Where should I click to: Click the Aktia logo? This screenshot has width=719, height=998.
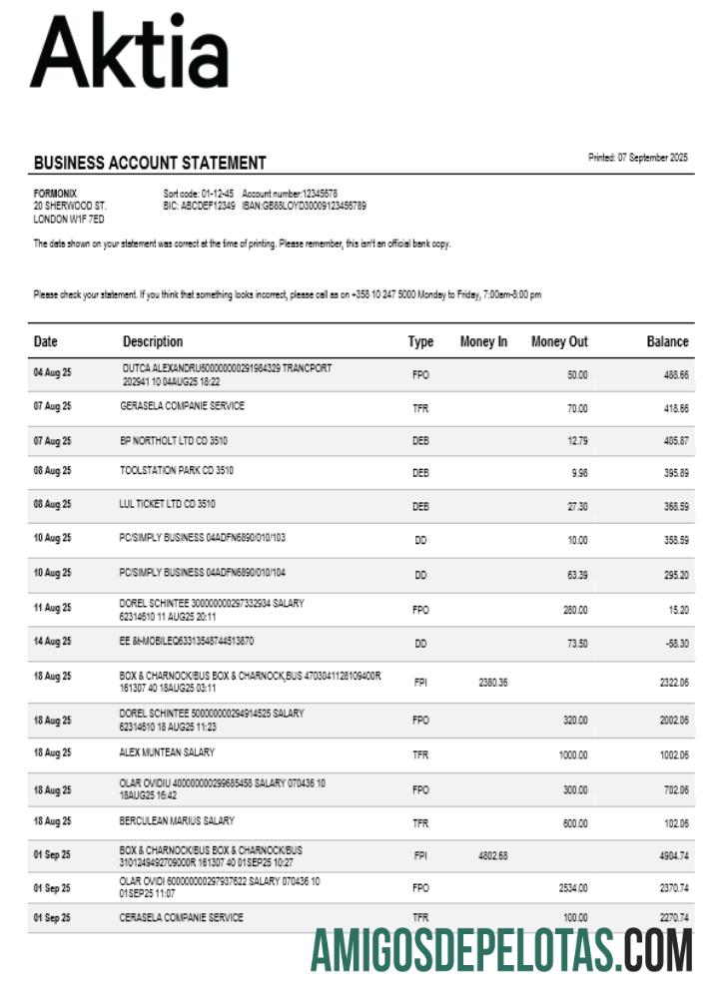[x=130, y=52]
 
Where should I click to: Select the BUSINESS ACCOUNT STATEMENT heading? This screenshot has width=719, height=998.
[x=150, y=163]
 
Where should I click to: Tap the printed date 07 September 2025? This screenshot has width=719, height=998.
[x=638, y=158]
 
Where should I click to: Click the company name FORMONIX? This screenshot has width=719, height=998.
[x=55, y=193]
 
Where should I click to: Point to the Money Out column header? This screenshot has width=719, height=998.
[x=559, y=341]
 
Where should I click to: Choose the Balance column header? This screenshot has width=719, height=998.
[x=667, y=341]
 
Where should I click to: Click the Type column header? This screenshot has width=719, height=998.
[x=420, y=341]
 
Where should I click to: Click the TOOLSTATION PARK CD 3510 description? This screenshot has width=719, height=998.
[x=177, y=470]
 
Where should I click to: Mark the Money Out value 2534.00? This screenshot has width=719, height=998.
[x=572, y=887]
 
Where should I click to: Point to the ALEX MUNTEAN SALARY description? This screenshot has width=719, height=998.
[x=167, y=752]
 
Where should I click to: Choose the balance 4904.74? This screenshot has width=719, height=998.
[x=670, y=855]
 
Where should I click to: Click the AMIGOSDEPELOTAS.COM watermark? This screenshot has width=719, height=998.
[x=501, y=949]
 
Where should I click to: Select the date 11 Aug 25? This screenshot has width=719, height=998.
[x=52, y=607]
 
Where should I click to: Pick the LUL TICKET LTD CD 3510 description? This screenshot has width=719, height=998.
[x=167, y=504]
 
